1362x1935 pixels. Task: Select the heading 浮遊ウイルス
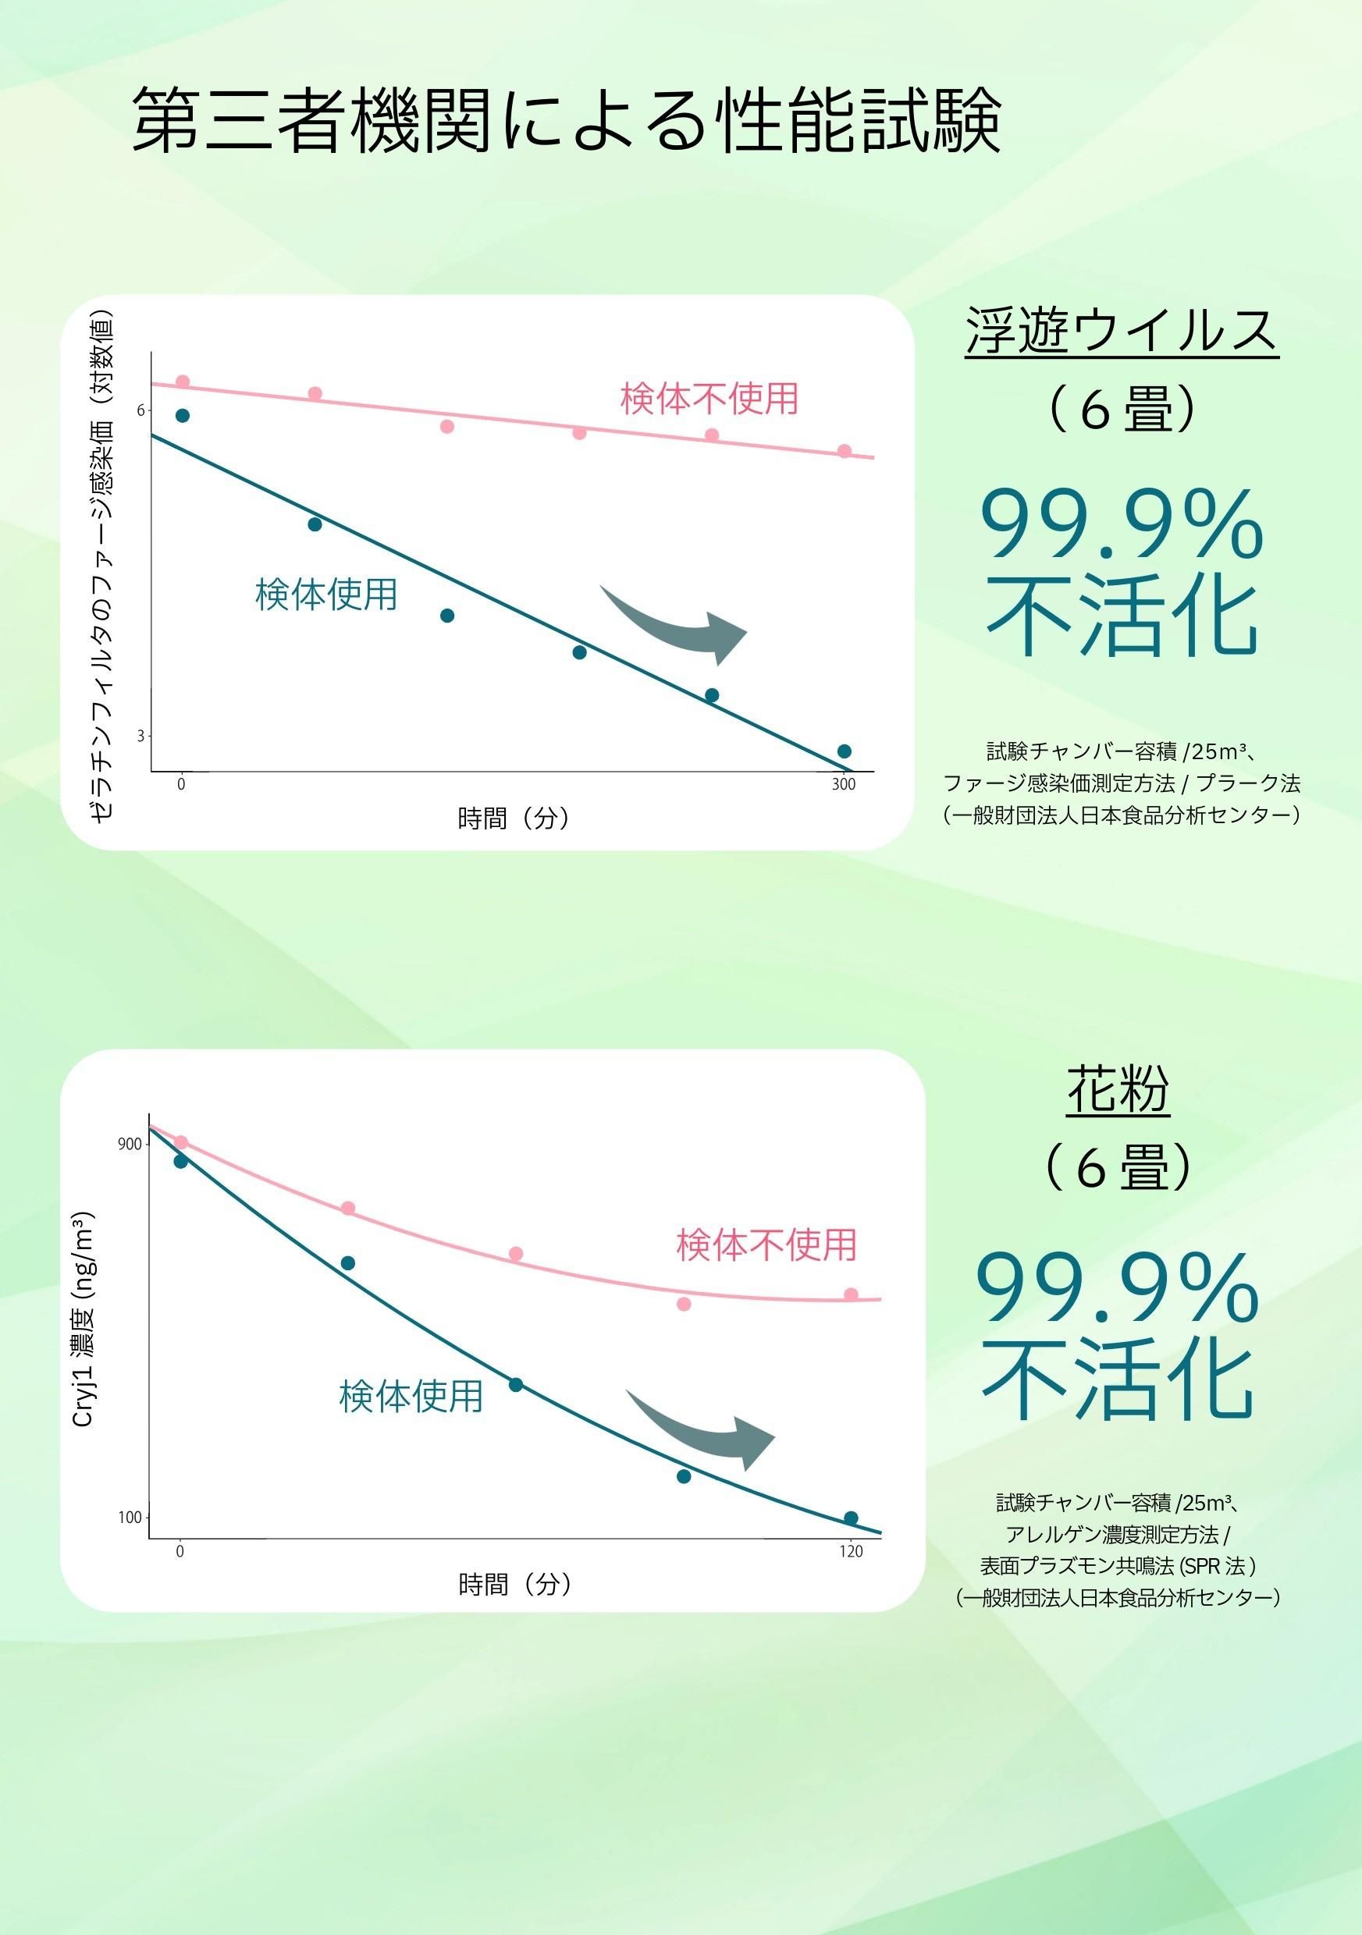[x=1122, y=331]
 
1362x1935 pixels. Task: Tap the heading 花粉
[x=1118, y=1089]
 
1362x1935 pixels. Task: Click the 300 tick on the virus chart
[x=843, y=785]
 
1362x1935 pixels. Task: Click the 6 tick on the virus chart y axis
[x=140, y=410]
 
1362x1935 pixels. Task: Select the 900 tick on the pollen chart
[x=129, y=1144]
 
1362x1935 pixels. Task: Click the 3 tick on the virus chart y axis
[x=140, y=736]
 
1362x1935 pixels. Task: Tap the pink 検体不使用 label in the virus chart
[x=709, y=399]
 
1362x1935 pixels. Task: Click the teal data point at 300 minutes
[x=844, y=751]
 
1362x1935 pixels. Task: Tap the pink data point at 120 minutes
[x=851, y=1294]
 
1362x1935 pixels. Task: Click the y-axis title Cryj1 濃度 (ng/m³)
[x=83, y=1319]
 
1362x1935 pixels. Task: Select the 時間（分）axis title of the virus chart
[x=514, y=818]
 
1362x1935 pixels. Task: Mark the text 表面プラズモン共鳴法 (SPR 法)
[x=1118, y=1566]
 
